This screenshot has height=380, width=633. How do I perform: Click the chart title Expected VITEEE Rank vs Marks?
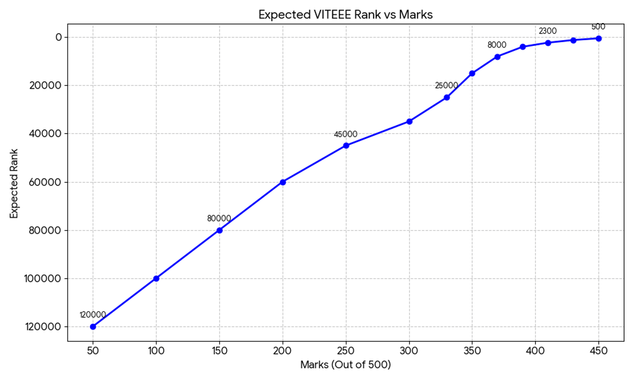click(346, 15)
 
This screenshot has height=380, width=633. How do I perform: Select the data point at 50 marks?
click(93, 327)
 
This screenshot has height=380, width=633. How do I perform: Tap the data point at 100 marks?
click(156, 278)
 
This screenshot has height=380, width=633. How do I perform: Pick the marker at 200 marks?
click(283, 182)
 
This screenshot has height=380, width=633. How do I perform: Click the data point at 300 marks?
click(409, 121)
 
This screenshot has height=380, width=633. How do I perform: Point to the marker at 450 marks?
click(599, 38)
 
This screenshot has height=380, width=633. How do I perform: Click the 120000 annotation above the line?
click(93, 315)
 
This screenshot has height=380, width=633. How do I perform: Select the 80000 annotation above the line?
click(219, 218)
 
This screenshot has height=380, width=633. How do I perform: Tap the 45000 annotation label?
click(346, 135)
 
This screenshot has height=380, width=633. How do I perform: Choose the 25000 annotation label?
click(446, 85)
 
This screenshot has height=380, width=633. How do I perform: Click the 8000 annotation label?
click(497, 45)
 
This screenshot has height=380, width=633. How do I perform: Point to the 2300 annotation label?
click(548, 31)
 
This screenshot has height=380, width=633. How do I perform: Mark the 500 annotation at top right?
click(598, 27)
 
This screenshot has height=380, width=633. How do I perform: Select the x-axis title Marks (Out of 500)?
click(346, 365)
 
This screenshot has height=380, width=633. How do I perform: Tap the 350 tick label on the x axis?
click(472, 350)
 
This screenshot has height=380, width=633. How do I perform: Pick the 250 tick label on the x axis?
click(346, 350)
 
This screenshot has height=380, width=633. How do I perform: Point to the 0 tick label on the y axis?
click(59, 37)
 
